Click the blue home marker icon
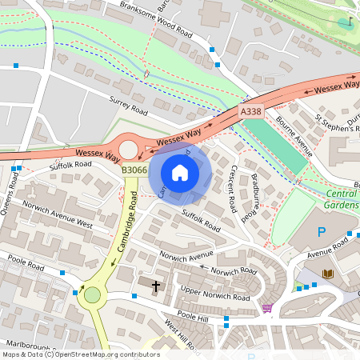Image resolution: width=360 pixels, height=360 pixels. point(180,173)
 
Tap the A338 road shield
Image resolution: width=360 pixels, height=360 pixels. point(251,113)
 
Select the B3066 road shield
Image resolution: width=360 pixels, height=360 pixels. point(134,170)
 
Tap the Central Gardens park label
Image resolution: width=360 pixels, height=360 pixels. point(342,199)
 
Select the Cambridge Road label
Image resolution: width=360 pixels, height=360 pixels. point(123,227)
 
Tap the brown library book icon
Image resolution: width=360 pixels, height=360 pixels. point(327,274)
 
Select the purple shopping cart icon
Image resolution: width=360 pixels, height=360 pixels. point(266,307)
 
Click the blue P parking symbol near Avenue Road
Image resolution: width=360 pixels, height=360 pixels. point(322,232)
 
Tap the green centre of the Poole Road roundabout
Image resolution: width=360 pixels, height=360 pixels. point(93,295)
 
